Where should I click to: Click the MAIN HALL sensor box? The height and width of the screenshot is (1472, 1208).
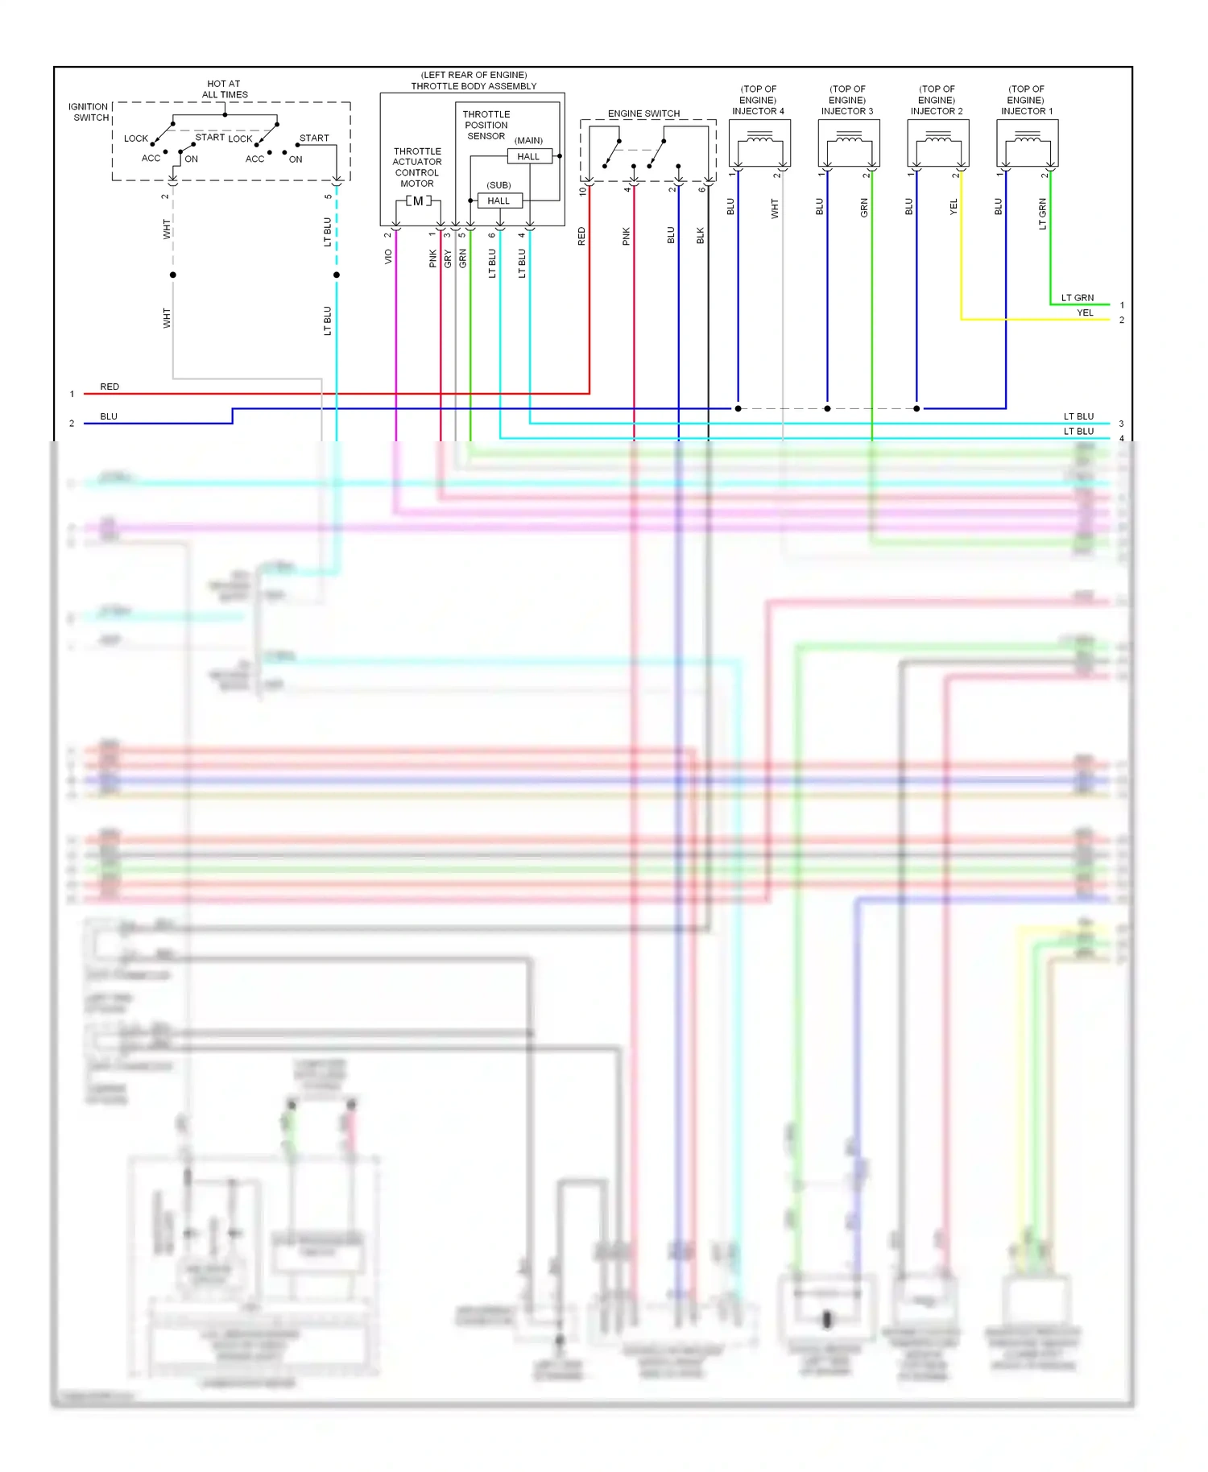(529, 156)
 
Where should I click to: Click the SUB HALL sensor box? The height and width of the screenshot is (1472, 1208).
(499, 201)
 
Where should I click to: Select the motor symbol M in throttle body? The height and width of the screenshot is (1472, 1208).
(418, 201)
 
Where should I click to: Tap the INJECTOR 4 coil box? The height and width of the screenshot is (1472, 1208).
(759, 143)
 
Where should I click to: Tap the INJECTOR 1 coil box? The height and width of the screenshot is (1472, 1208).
(1027, 143)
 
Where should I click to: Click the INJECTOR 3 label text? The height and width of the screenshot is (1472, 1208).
(847, 111)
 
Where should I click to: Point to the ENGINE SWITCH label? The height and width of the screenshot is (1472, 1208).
(643, 114)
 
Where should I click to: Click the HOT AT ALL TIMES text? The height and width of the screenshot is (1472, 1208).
(224, 89)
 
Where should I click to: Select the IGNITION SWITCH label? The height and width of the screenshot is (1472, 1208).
(89, 112)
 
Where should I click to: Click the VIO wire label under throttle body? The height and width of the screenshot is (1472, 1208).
(388, 256)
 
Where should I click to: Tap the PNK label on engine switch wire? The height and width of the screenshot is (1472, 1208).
(626, 236)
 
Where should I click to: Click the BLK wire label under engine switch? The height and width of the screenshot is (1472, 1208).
(700, 236)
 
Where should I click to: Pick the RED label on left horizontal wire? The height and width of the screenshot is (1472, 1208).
(110, 387)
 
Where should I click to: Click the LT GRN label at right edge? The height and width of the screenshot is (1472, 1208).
(1077, 298)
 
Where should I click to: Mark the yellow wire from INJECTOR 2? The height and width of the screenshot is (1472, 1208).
(961, 266)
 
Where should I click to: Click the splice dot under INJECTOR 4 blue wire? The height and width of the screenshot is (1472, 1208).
(738, 408)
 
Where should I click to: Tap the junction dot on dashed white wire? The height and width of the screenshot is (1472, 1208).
(172, 275)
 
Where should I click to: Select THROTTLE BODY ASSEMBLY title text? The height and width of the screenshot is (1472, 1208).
(474, 86)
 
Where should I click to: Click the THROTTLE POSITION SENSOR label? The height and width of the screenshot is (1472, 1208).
(486, 125)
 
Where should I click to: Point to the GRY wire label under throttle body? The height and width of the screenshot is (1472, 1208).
(448, 258)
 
